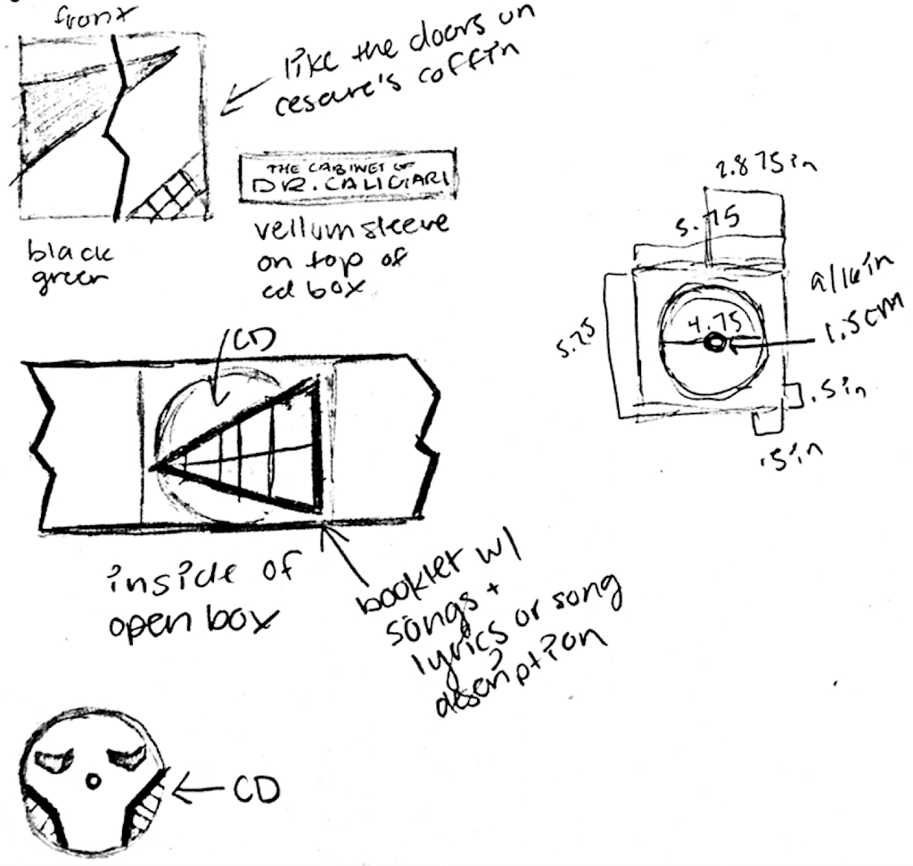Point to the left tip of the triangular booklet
pyautogui.click(x=156, y=466)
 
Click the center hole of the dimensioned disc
pyautogui.click(x=713, y=342)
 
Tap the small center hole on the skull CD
pyautogui.click(x=91, y=781)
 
